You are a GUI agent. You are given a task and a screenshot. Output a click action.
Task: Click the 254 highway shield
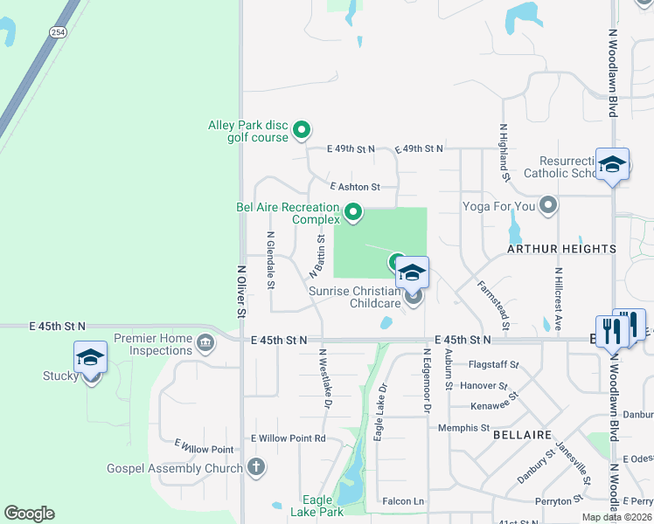point(58,32)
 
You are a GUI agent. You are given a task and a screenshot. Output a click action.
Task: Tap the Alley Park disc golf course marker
point(302,131)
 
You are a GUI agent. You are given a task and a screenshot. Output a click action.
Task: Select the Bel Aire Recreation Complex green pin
point(353,211)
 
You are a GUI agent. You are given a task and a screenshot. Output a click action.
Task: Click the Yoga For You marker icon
point(548,207)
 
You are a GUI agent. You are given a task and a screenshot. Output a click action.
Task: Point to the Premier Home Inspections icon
point(206,341)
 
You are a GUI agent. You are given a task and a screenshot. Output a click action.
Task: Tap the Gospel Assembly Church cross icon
point(256,467)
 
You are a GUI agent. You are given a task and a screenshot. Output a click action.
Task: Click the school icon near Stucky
point(90,358)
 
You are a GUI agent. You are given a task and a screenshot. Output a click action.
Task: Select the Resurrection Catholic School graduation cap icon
point(612,163)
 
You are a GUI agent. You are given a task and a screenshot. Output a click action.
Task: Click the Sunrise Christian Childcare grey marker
point(414,296)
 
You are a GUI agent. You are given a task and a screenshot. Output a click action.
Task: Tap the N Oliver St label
point(240,291)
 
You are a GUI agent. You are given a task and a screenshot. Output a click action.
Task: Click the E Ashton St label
point(355,187)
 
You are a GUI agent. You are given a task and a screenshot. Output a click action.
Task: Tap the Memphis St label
point(464,428)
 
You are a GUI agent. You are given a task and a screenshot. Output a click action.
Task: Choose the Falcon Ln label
point(403,501)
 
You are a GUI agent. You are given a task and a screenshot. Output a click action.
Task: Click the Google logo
point(29,514)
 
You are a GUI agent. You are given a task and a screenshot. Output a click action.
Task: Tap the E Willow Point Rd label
point(288,438)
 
